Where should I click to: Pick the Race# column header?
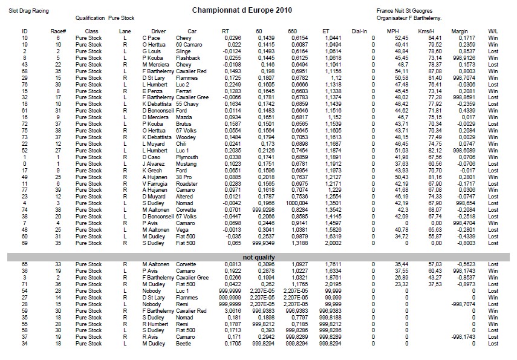59,30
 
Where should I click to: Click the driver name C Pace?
151,38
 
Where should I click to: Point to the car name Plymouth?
187,156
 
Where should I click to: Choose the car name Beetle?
183,344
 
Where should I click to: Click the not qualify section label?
258,257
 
